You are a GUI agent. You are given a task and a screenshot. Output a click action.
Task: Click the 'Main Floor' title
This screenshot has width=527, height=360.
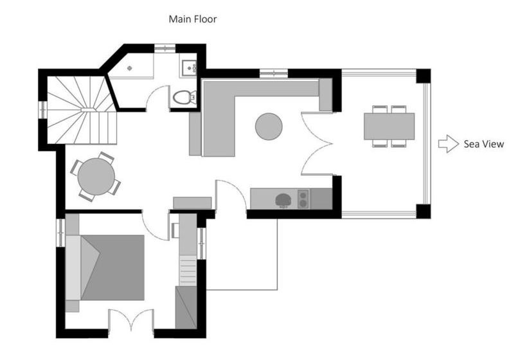click(x=192, y=19)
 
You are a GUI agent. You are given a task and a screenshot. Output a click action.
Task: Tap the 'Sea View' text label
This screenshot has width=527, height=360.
click(x=483, y=144)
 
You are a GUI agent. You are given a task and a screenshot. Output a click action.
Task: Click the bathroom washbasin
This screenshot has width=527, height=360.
click(x=190, y=66)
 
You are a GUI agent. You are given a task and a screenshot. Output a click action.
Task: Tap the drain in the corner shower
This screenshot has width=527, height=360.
click(x=130, y=67)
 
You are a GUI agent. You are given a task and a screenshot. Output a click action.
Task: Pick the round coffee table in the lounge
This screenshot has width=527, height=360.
click(x=269, y=126)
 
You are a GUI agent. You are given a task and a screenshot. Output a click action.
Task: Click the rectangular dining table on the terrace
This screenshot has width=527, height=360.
click(x=389, y=126)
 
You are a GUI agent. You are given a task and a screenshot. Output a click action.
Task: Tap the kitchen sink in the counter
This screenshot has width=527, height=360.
click(x=283, y=200)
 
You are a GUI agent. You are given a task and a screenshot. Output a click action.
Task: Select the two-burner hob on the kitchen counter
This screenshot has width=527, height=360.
click(x=303, y=199)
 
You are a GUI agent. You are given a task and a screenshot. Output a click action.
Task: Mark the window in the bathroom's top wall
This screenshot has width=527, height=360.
click(x=165, y=48)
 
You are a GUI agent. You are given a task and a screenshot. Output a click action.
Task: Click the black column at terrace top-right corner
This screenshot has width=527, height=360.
click(x=423, y=75)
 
